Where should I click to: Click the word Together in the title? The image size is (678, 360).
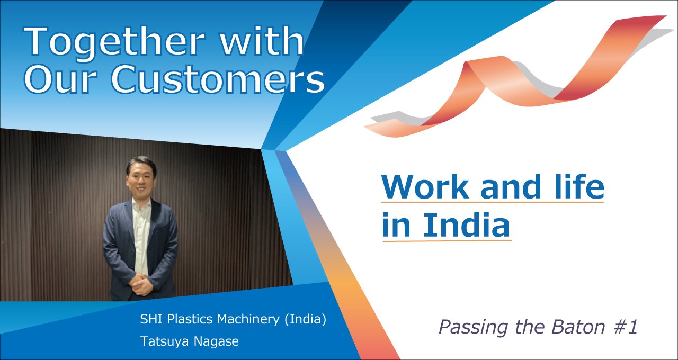point(114,42)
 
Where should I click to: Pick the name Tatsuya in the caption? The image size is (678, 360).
point(165,341)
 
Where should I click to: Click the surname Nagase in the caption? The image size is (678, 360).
point(216,342)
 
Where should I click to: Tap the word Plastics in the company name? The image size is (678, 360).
point(190,319)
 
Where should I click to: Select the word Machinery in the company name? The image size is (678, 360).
point(248,319)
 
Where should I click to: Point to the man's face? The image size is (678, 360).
point(140,178)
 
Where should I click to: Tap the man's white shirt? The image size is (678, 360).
point(141,236)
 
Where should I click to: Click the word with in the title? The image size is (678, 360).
point(262,41)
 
